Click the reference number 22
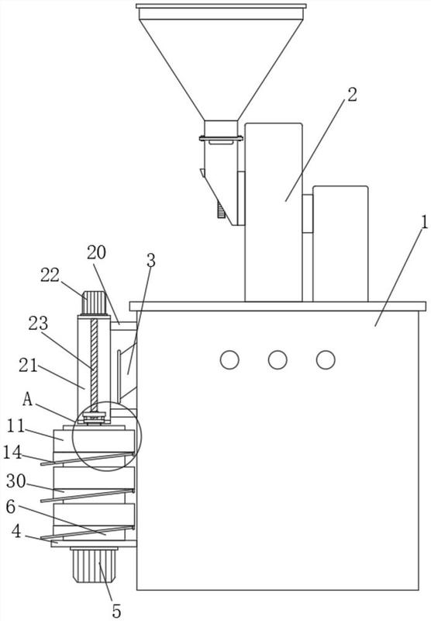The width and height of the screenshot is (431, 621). point(50,276)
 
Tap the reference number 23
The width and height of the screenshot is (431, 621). point(38,324)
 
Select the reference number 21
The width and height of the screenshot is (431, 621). point(28,366)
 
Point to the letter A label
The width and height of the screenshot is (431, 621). point(28,399)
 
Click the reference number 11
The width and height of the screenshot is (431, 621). point(16,426)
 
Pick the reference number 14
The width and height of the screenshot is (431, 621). point(12,452)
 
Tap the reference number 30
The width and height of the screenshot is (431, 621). point(16,481)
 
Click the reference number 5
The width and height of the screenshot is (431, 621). point(116,611)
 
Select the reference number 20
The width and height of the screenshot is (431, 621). point(96,252)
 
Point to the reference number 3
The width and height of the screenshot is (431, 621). point(150,261)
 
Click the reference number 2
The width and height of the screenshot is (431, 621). point(352,95)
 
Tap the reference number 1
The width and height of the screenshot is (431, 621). point(424,222)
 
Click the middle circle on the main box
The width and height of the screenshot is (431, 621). point(278,360)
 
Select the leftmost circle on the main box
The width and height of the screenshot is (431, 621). point(229,360)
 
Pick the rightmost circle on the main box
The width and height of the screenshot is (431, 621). point(326,360)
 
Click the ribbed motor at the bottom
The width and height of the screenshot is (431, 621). point(94,564)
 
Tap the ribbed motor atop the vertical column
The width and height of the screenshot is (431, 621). point(95,303)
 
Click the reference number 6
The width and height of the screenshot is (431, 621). point(11,507)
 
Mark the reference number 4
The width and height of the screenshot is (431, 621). point(16,532)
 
